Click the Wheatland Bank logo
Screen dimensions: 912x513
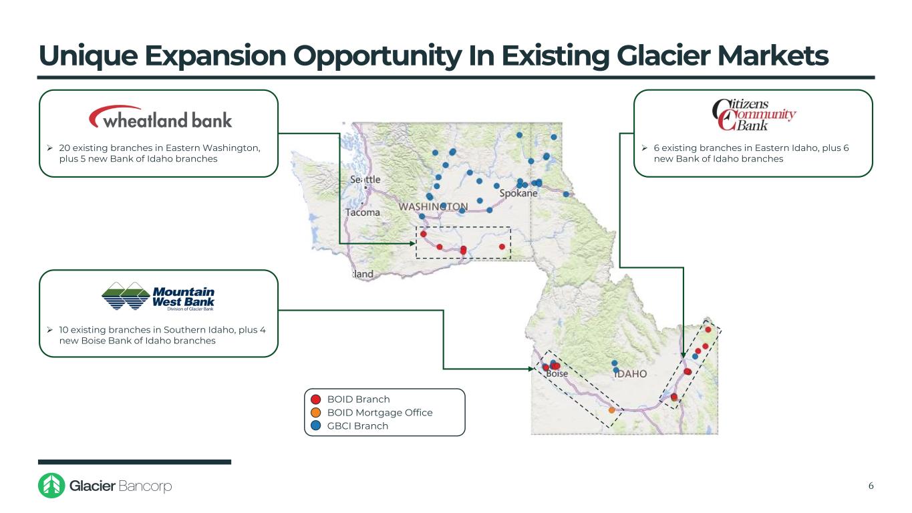coord(160,117)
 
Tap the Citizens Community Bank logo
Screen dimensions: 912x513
coord(754,115)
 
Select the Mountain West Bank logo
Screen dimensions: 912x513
coord(158,297)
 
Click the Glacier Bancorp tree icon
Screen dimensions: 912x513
coord(51,486)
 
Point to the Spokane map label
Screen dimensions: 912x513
coord(518,194)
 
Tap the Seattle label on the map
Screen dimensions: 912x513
coord(365,180)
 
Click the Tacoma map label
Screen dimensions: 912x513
coord(362,212)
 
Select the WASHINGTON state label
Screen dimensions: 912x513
coord(433,207)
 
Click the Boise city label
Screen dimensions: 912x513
coord(557,374)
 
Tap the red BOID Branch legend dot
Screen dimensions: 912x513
coord(315,399)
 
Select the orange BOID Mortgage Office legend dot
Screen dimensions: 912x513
coord(315,412)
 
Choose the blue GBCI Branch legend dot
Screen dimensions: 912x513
coord(315,426)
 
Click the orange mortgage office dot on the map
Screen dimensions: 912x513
coord(611,410)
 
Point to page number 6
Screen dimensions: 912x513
coord(871,486)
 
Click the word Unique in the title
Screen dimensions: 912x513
coord(88,56)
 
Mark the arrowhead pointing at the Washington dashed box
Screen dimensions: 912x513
coord(412,243)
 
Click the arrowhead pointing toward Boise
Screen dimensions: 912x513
coord(531,369)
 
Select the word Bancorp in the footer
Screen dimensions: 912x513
coord(146,486)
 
